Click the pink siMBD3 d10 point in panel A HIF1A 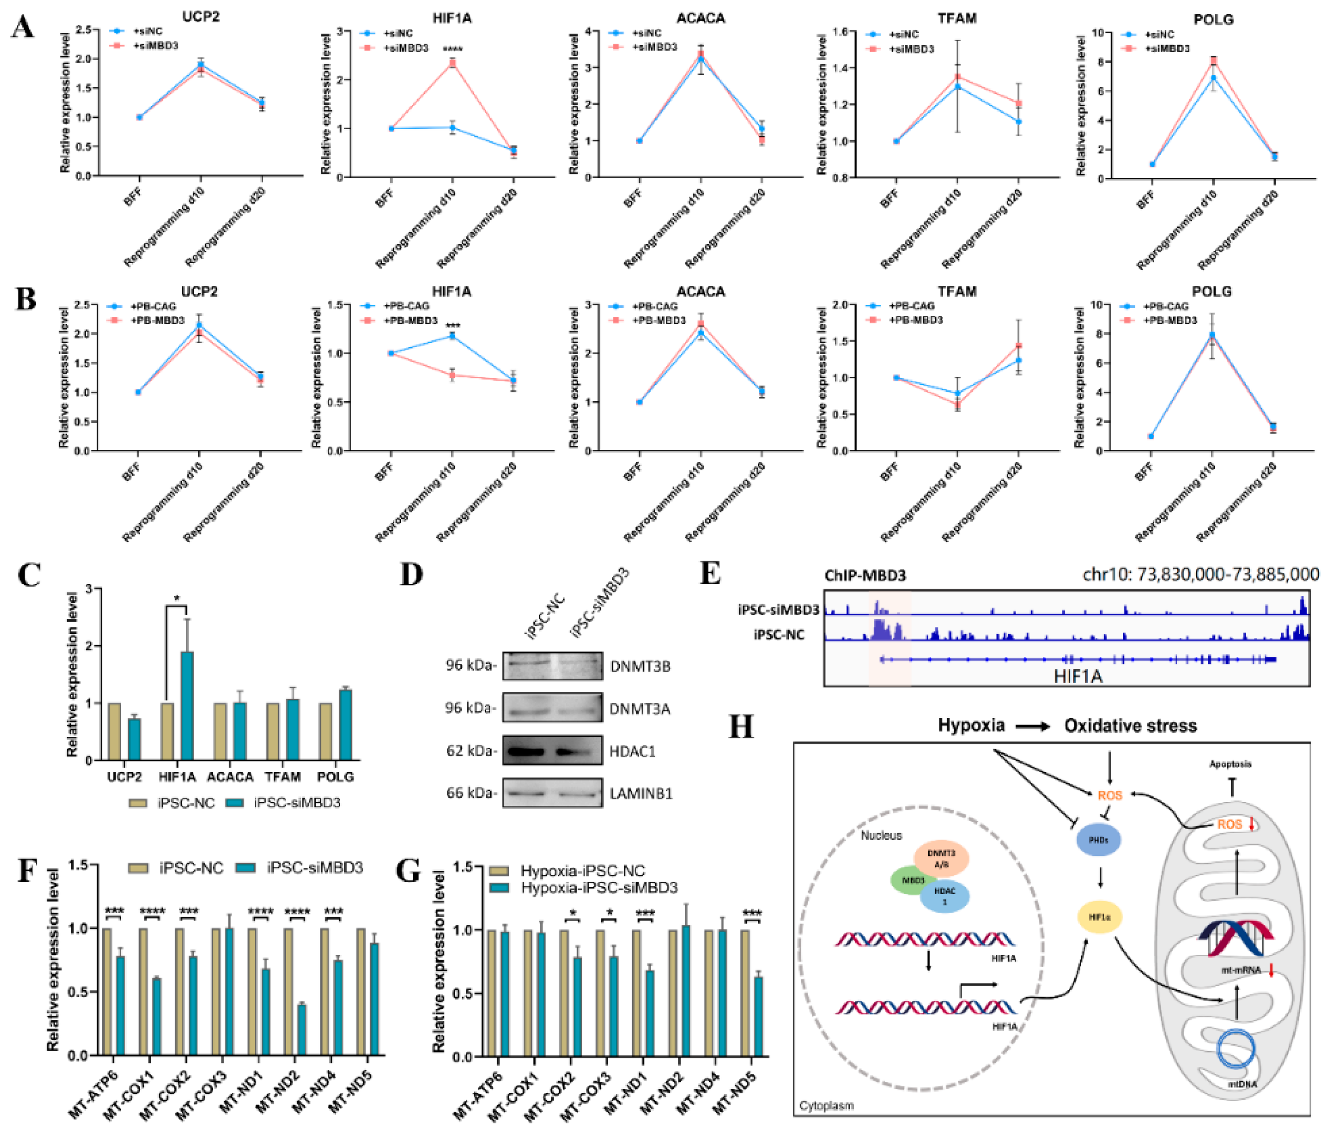pyautogui.click(x=452, y=63)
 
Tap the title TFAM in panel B pyautogui.click(x=957, y=291)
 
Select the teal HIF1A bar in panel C pyautogui.click(x=187, y=705)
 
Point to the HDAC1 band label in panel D pyautogui.click(x=632, y=751)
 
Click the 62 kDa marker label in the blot pyautogui.click(x=471, y=751)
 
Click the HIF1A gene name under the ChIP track pyautogui.click(x=1077, y=676)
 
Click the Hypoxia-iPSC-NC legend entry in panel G pyautogui.click(x=582, y=871)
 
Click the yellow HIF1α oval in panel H pyautogui.click(x=1099, y=917)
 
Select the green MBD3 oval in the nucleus pyautogui.click(x=912, y=880)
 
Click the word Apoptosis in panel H pyautogui.click(x=1230, y=764)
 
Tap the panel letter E pyautogui.click(x=710, y=573)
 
